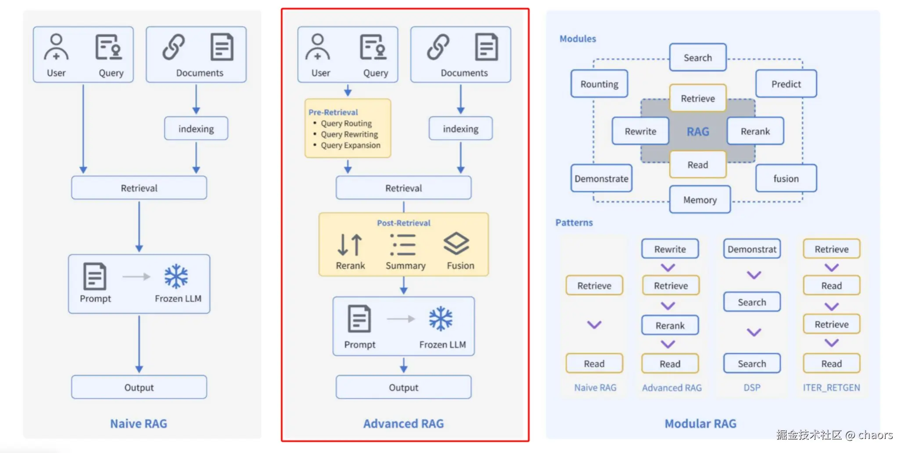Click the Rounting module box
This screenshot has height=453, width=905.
599,84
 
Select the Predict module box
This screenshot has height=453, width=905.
786,84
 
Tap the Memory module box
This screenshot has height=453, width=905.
700,200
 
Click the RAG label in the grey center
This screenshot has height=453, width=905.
698,132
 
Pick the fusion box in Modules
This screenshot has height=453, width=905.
786,179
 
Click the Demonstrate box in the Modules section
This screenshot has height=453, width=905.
601,179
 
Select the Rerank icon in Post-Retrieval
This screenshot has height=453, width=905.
350,244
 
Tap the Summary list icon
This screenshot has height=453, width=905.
403,244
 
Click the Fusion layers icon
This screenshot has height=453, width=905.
456,243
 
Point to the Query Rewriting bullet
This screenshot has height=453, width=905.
349,134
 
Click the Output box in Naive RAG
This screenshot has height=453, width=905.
139,387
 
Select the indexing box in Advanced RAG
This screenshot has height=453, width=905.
460,129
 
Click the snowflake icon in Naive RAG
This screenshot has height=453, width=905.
176,276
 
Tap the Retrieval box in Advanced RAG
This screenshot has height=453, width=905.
403,188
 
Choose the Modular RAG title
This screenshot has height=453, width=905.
700,424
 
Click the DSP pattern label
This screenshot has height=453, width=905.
752,388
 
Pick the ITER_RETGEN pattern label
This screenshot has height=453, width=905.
831,388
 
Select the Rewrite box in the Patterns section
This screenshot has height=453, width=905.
670,249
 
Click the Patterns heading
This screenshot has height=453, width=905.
574,223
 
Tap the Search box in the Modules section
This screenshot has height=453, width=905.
697,58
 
